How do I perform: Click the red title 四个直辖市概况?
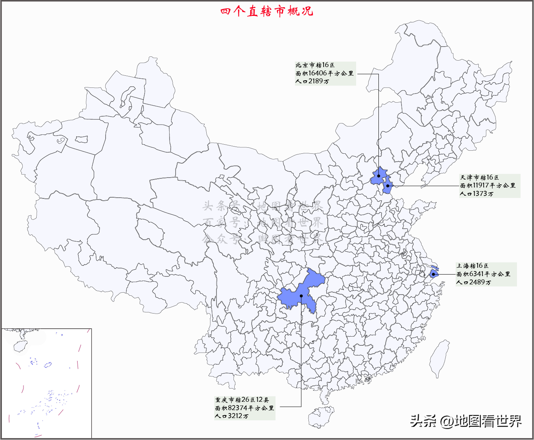click(267, 11)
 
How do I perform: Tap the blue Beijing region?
click(379, 176)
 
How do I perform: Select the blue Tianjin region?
click(387, 186)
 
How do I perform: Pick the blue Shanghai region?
click(434, 274)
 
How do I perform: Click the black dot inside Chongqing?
click(301, 296)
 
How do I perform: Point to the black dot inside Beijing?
click(378, 176)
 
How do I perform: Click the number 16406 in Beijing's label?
click(318, 73)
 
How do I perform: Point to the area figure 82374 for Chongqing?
click(238, 408)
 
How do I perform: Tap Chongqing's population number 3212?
click(235, 416)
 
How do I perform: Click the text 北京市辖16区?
click(315, 65)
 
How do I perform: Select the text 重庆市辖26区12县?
click(242, 400)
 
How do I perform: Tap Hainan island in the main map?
click(321, 417)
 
